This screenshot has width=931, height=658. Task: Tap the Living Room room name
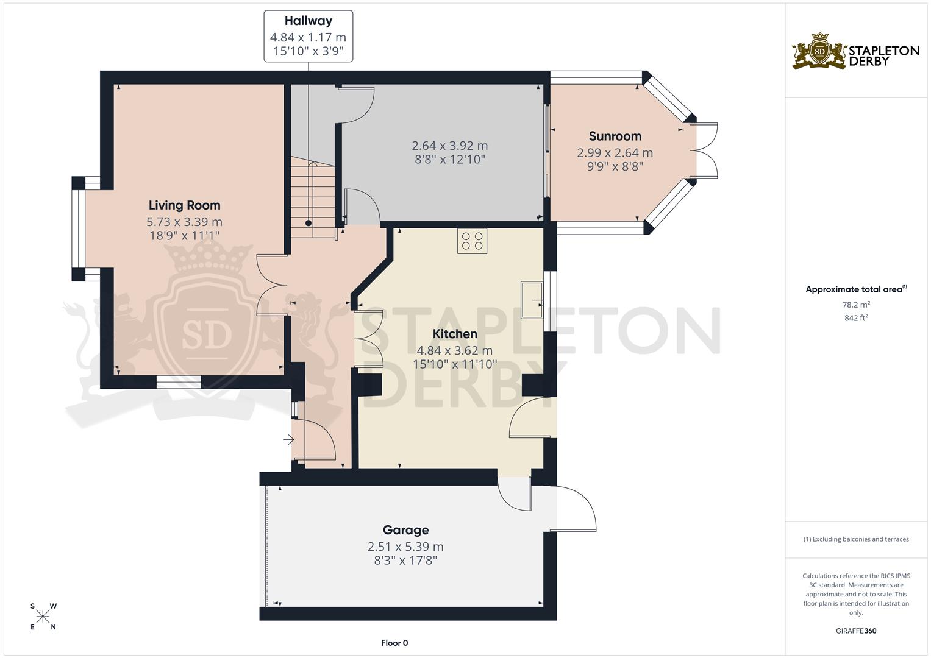[x=184, y=205]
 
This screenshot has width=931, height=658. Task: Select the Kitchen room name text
[x=455, y=334]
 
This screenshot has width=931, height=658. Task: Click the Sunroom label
[x=615, y=136]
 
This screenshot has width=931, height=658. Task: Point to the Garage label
[x=405, y=530]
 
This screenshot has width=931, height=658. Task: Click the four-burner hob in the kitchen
[x=473, y=241]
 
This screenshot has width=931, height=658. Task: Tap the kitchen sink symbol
[x=532, y=299]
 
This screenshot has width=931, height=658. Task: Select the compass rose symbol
[x=43, y=617]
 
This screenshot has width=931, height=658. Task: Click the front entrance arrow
[x=288, y=439]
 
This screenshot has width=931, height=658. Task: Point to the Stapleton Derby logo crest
[x=819, y=51]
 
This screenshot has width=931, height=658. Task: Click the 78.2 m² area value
[x=856, y=305]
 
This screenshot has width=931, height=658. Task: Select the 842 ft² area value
[x=856, y=318]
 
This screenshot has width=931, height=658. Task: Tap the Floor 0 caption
[x=394, y=643]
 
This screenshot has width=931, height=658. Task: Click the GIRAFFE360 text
[x=856, y=631]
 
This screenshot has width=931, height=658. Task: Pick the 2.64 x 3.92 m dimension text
[x=449, y=146]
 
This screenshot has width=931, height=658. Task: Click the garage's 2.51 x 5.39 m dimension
[x=405, y=547]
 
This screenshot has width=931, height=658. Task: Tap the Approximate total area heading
[x=855, y=289]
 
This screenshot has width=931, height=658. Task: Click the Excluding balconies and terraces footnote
[x=856, y=539]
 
